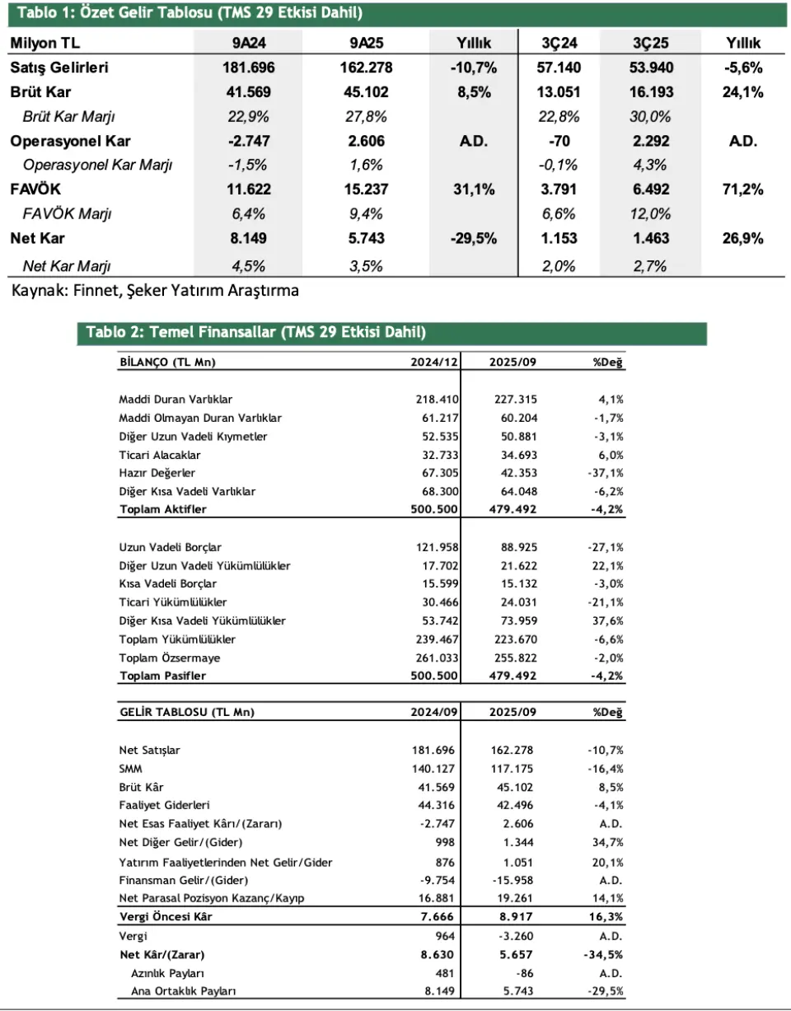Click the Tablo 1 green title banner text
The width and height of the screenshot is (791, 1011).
190,13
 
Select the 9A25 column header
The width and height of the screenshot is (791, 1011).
364,43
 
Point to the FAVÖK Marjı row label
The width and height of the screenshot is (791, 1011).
68,214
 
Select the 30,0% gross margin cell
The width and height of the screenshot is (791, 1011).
649,116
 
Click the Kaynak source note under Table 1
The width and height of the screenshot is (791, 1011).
155,290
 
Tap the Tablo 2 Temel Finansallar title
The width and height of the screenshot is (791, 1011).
255,333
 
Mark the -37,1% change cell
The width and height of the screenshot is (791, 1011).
606,473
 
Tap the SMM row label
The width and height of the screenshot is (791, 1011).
130,769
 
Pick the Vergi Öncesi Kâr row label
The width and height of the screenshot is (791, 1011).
166,917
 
